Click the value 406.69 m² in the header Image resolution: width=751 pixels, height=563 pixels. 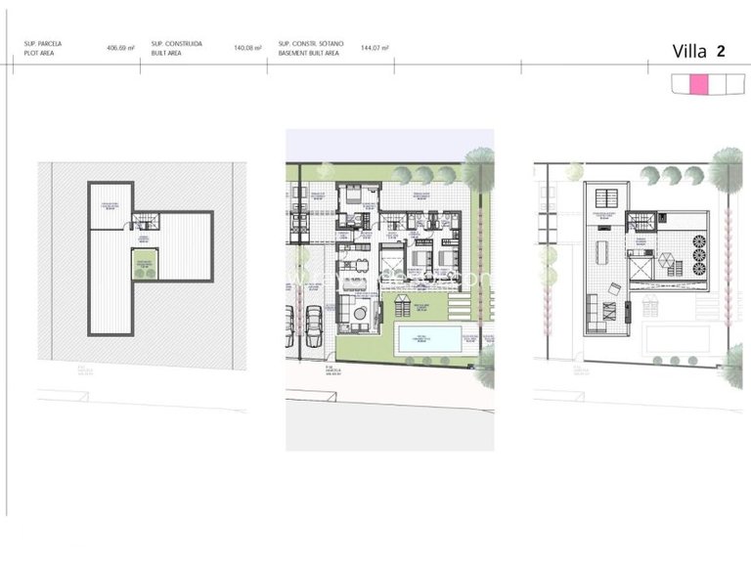pyautogui.click(x=119, y=47)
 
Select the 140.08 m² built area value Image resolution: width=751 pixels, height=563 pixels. pyautogui.click(x=248, y=47)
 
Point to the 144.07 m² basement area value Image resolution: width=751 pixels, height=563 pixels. pyautogui.click(x=375, y=47)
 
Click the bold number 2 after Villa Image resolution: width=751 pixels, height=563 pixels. pyautogui.click(x=720, y=52)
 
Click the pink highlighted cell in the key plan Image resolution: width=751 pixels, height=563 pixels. pyautogui.click(x=699, y=84)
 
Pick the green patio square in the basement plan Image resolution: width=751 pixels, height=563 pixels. pyautogui.click(x=144, y=261)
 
